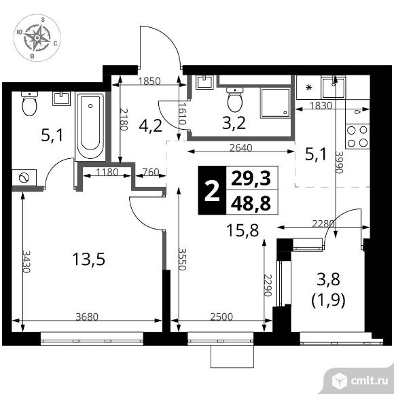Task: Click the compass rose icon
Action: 37,37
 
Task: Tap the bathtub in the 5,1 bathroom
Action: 90,126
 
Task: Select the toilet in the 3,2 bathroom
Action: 234,100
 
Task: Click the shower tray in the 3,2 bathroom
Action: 275,103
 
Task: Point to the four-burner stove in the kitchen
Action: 357,136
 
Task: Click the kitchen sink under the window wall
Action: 334,88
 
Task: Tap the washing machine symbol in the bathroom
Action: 24,177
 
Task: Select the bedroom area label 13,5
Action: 89,259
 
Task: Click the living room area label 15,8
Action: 243,230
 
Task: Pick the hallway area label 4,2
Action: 151,126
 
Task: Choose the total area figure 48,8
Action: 251,203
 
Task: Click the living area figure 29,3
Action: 251,179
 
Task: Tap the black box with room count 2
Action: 213,190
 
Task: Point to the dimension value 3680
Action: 87,317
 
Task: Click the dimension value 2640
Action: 241,148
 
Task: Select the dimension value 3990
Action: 339,162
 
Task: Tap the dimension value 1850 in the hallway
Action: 149,81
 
